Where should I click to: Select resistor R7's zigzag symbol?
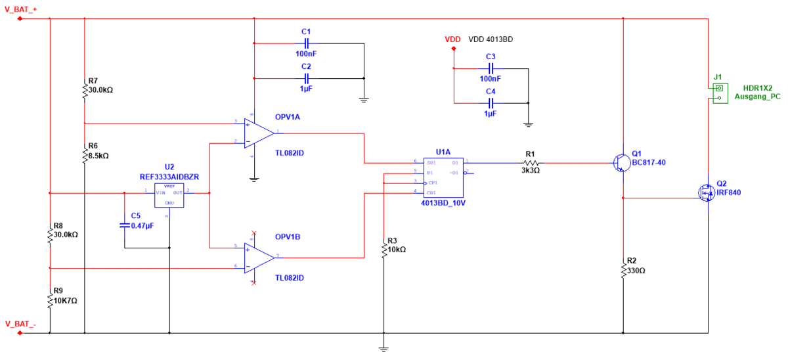point(85,91)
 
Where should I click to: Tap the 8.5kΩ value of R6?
point(98,156)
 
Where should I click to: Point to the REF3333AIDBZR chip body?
point(169,195)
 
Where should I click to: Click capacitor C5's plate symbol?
point(124,225)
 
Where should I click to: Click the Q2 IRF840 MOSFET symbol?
point(706,192)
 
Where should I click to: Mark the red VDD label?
point(452,39)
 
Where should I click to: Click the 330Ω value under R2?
point(636,270)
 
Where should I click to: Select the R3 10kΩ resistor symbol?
point(383,250)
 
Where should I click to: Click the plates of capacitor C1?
point(306,43)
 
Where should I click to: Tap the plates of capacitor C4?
point(491,103)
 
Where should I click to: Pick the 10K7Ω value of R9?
point(65,301)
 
